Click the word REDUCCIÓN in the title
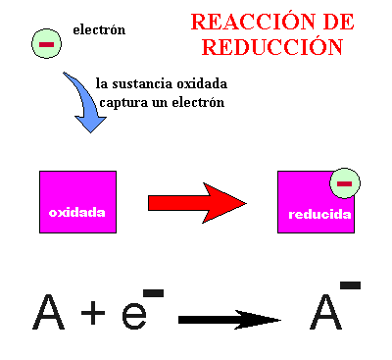282,46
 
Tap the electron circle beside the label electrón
45,44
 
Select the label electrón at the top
99,29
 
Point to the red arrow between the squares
196,202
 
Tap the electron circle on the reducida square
344,182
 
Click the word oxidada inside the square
77,212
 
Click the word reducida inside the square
319,214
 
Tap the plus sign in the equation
92,314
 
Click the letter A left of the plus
48,312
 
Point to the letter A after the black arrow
325,312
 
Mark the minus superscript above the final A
350,285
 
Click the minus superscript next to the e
153,292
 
